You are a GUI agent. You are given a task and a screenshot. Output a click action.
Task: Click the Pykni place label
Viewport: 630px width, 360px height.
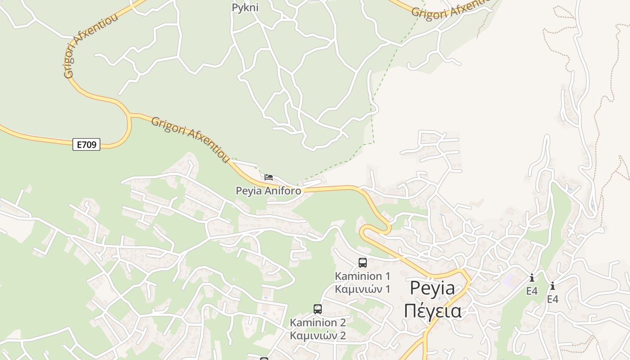point(245,8)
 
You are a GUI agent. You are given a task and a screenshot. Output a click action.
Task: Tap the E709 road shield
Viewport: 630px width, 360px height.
point(86,144)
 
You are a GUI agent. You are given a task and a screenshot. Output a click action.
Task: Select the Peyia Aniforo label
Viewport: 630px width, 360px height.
point(269,191)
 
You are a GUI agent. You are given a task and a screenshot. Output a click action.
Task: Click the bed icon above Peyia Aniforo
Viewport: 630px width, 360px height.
point(269,177)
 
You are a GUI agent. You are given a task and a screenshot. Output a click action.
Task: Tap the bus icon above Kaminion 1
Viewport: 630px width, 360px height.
point(363,263)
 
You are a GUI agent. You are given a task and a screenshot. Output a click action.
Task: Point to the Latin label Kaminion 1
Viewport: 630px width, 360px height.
point(362,276)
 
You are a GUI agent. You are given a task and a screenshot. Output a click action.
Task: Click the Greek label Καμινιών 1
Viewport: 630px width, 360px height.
point(362,289)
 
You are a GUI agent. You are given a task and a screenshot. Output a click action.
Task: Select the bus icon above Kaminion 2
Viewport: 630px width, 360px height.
point(318,309)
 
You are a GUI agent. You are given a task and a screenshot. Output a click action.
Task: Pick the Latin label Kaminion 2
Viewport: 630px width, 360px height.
point(318,323)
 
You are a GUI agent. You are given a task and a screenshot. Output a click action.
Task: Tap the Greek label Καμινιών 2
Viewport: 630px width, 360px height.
point(318,336)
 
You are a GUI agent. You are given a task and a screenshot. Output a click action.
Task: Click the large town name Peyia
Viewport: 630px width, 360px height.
point(432,288)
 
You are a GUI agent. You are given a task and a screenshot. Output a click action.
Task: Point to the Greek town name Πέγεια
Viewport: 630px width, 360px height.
point(432,311)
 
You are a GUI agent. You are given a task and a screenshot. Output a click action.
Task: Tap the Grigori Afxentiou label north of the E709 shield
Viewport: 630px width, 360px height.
point(90,45)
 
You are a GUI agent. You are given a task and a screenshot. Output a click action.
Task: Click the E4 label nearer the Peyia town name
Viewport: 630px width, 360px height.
point(532,291)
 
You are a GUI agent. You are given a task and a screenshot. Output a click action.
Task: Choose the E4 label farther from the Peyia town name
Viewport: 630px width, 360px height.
point(553,299)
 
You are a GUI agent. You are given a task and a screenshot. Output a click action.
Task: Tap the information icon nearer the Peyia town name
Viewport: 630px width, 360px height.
point(532,278)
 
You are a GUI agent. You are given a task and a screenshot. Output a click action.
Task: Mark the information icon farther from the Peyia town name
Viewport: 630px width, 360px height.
point(553,286)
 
